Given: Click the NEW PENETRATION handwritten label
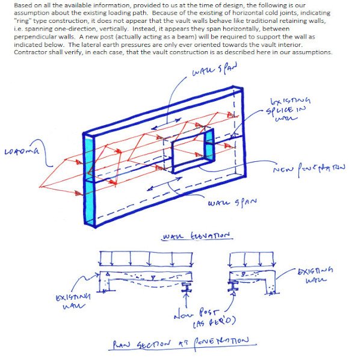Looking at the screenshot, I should pos(310,169).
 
